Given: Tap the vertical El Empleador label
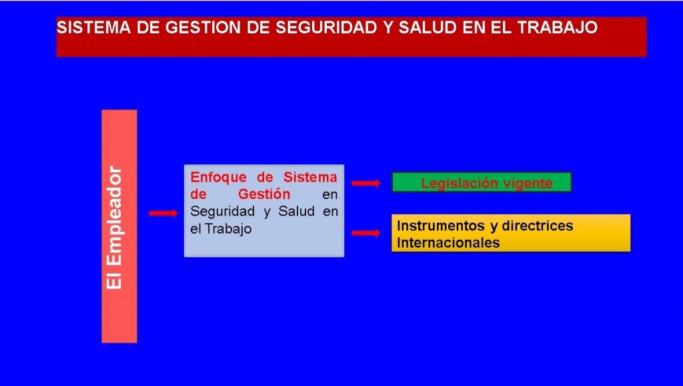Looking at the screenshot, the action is pyautogui.click(x=114, y=227).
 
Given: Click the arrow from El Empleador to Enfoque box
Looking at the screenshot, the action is pyautogui.click(x=163, y=213).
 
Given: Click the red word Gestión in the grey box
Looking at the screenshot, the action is pyautogui.click(x=264, y=194).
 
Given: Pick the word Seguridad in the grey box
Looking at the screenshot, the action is pyautogui.click(x=223, y=212).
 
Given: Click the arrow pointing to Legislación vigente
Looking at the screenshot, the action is pyautogui.click(x=366, y=183).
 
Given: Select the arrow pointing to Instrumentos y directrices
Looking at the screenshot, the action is pyautogui.click(x=366, y=233).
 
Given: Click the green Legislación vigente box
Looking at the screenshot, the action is pyautogui.click(x=482, y=182).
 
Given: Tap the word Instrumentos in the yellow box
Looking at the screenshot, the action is pyautogui.click(x=441, y=226).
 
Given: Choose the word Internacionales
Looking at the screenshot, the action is pyautogui.click(x=448, y=242).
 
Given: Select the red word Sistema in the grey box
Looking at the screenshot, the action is pyautogui.click(x=310, y=178).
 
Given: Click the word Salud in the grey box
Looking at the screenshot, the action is pyautogui.click(x=297, y=212).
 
